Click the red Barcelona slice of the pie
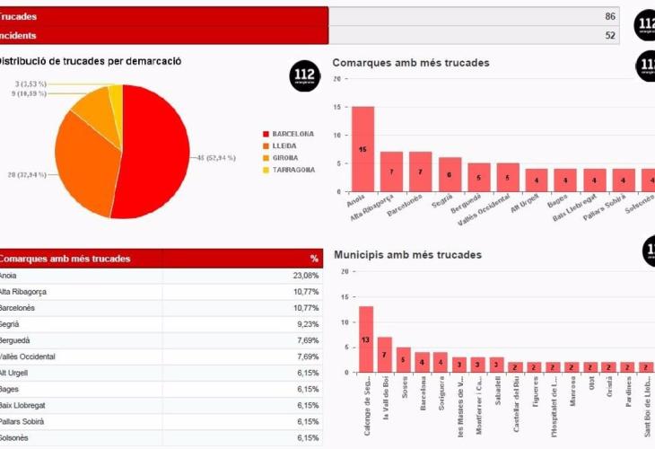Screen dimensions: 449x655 [157, 157]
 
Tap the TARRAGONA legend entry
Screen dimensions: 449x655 [293, 169]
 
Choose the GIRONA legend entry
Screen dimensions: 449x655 [286, 157]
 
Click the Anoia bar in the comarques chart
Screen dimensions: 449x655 [362, 148]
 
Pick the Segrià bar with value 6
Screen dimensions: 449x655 [450, 174]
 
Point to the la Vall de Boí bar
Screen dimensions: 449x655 [385, 354]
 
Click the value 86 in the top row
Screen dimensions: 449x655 [610, 16]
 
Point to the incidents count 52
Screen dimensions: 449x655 [610, 36]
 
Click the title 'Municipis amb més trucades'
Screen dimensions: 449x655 [407, 255]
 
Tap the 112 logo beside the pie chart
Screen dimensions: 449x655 [305, 76]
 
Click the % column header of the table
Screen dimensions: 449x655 [314, 259]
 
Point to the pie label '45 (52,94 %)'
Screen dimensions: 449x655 [215, 157]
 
